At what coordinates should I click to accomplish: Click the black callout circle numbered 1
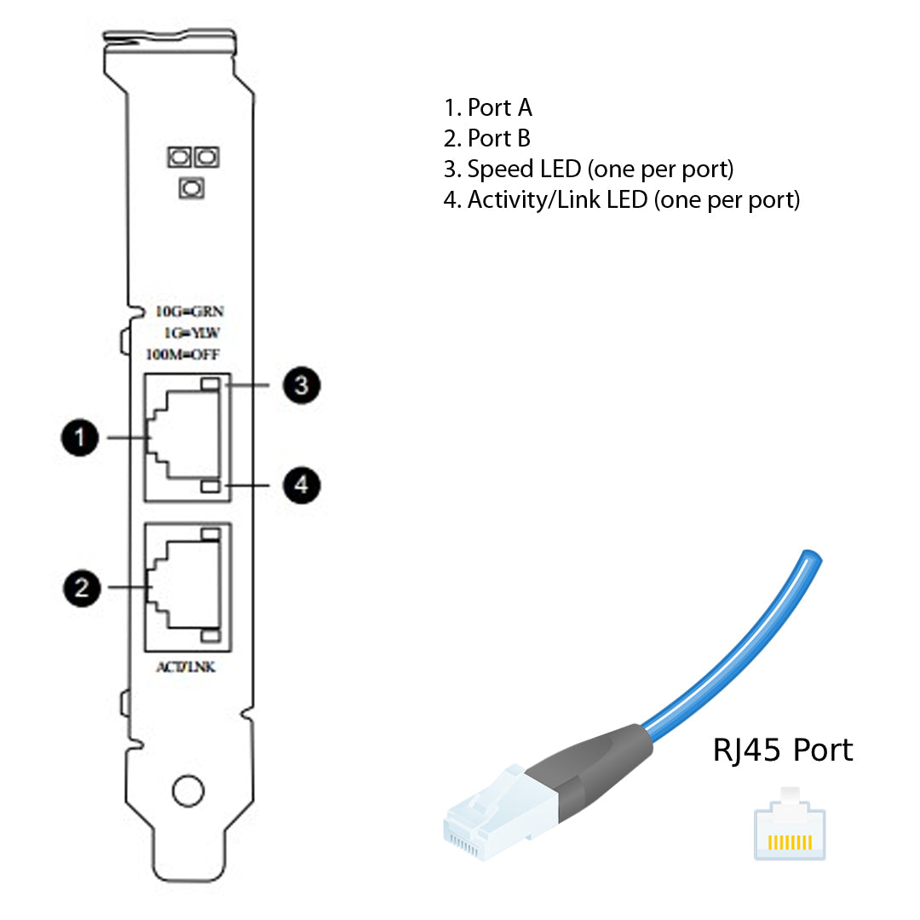coord(81,438)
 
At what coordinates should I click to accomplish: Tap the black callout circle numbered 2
coord(81,587)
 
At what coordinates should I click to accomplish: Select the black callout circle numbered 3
coord(301,386)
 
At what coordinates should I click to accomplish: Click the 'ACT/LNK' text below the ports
coord(186,667)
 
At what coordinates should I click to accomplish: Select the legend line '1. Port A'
coord(488,107)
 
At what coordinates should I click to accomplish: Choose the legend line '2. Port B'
coord(487,138)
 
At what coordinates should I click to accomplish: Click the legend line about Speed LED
coord(588,169)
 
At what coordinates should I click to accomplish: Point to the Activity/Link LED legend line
coord(622,200)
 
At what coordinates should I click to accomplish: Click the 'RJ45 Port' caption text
coord(782,750)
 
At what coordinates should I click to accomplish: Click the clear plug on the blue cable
coord(494,816)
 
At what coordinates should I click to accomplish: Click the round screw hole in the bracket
coord(188,791)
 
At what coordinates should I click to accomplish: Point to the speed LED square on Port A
coord(210,385)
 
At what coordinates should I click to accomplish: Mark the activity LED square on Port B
coord(210,636)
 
